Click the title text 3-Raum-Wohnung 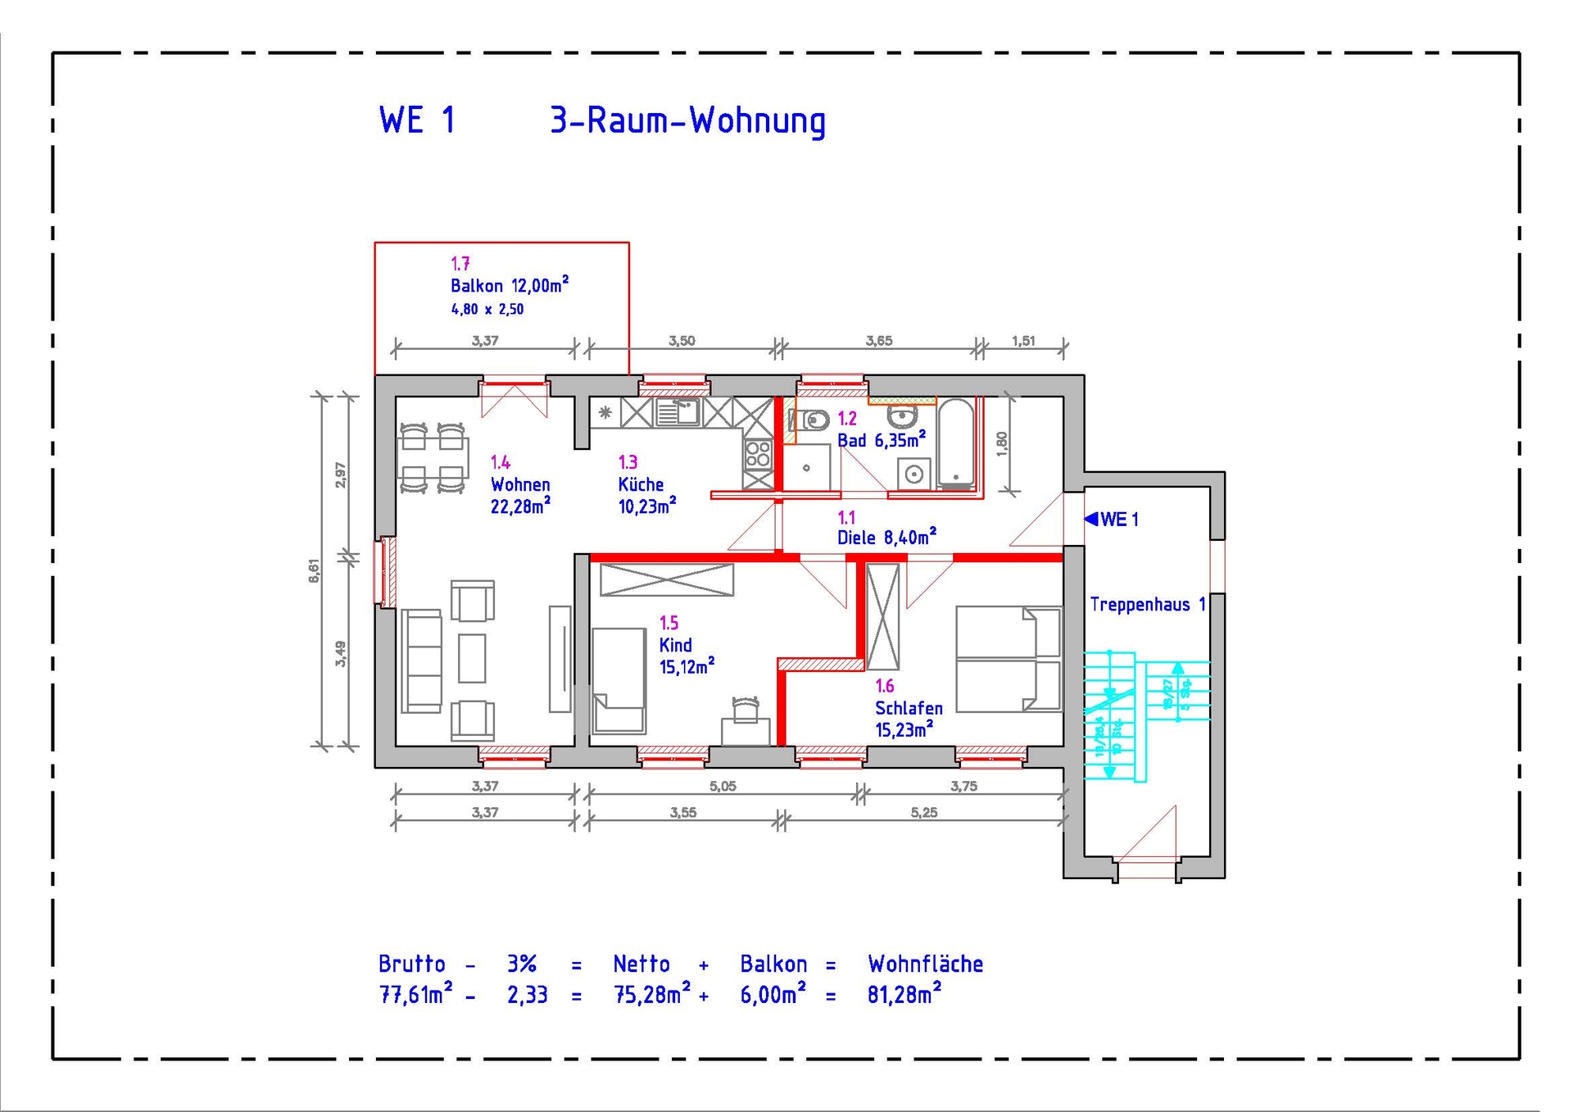[x=687, y=121]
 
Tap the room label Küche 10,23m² [x=646, y=496]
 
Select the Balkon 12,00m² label [x=509, y=286]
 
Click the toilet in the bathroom [x=812, y=421]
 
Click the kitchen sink [x=678, y=412]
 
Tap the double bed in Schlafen [x=1009, y=659]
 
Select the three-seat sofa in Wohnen [x=422, y=660]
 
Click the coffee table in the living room [x=472, y=658]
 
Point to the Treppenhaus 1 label [x=1147, y=605]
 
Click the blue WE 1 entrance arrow [x=1092, y=519]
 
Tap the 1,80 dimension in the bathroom [x=1001, y=443]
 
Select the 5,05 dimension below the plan [x=723, y=786]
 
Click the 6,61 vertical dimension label [x=314, y=570]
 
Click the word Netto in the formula [x=641, y=964]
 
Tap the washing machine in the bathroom [x=913, y=474]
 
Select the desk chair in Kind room [x=746, y=708]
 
